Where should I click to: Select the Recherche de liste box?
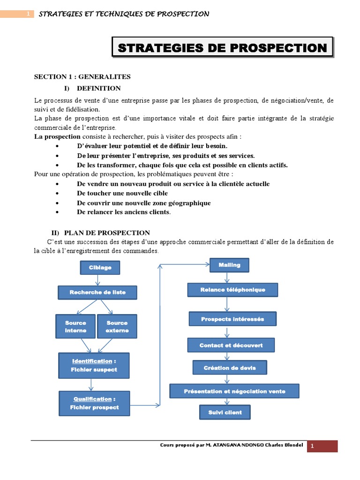click(97, 292)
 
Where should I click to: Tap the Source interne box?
click(75, 327)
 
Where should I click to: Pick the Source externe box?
click(117, 327)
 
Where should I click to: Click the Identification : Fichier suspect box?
click(94, 366)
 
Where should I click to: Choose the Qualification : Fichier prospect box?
click(94, 403)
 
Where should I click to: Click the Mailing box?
click(229, 265)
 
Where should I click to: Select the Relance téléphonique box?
click(232, 290)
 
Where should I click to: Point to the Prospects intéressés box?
click(232, 319)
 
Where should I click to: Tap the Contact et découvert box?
click(231, 345)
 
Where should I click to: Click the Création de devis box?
click(230, 368)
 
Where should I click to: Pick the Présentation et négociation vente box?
click(234, 391)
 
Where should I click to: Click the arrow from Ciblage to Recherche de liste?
click(97, 280)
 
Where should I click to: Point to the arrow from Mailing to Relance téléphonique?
click(227, 277)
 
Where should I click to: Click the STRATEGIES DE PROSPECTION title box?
click(222, 48)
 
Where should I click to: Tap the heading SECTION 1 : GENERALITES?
click(82, 77)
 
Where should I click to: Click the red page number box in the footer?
click(322, 446)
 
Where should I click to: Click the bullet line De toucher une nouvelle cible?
click(122, 194)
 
